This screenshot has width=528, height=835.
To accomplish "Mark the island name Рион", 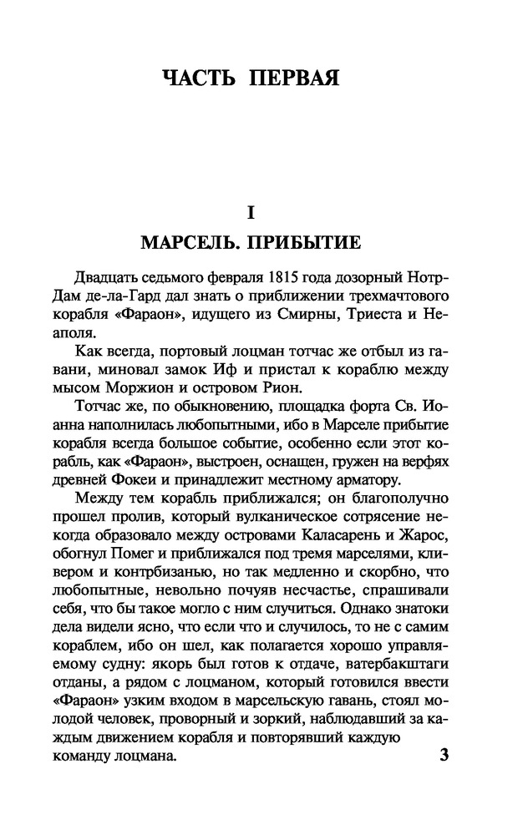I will (284, 387).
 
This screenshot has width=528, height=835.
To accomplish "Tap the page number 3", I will (444, 757).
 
